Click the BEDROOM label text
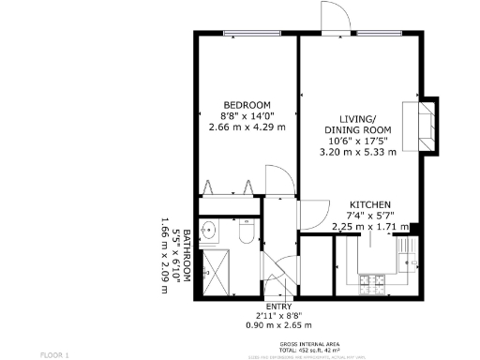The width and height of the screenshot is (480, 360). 247,104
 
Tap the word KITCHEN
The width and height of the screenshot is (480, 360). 370,204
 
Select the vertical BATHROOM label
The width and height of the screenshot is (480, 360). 187,254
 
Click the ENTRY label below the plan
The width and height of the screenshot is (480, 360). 278,307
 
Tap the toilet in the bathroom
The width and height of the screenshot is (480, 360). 246,232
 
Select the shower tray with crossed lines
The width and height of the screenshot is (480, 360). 218,271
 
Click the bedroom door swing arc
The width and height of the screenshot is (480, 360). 277,180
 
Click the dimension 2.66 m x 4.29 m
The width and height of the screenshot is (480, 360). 247,127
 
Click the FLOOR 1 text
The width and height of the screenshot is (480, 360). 54,354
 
